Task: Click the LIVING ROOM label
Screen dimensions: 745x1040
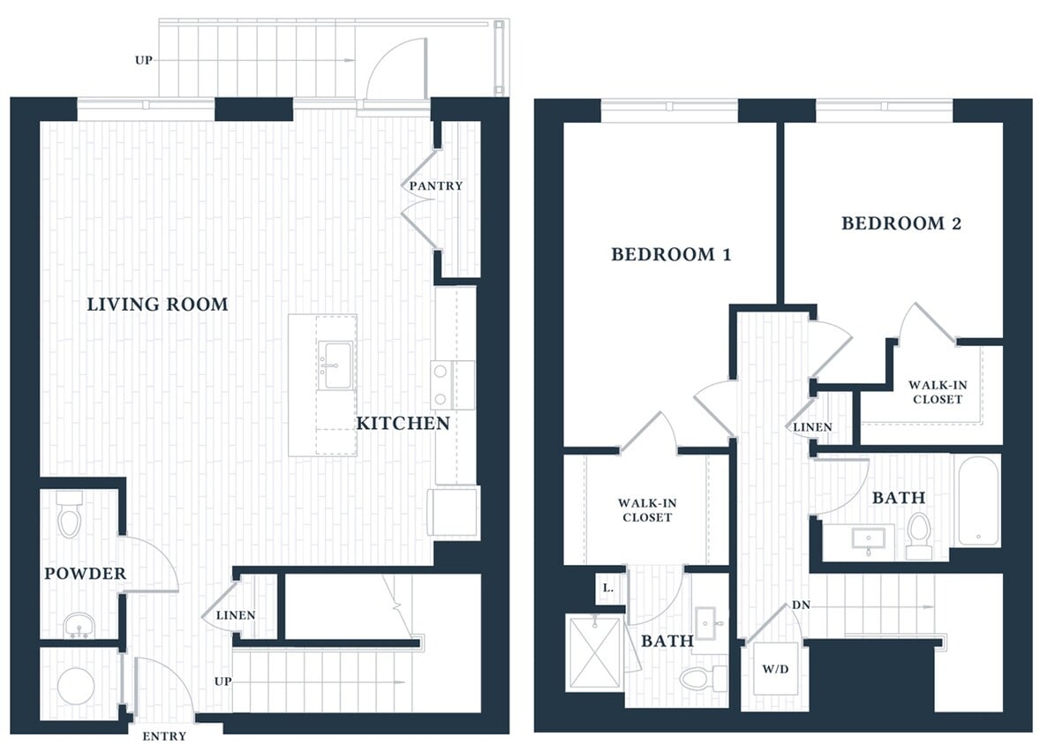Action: point(157,305)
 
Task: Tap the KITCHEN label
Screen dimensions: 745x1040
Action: point(402,424)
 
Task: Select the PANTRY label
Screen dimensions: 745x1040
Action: point(435,186)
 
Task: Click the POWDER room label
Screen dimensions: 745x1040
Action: point(86,574)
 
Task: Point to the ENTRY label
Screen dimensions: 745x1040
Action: point(164,735)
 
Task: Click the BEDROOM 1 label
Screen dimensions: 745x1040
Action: point(671,255)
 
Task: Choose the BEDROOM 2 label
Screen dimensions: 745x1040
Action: point(901,223)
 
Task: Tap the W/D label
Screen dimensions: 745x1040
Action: point(775,668)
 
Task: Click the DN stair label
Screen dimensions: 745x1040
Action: point(802,606)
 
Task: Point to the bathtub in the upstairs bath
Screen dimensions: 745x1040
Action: point(977,500)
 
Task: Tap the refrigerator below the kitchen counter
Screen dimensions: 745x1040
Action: point(453,513)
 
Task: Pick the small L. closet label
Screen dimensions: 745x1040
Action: point(608,587)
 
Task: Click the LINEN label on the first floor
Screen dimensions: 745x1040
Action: point(235,615)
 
